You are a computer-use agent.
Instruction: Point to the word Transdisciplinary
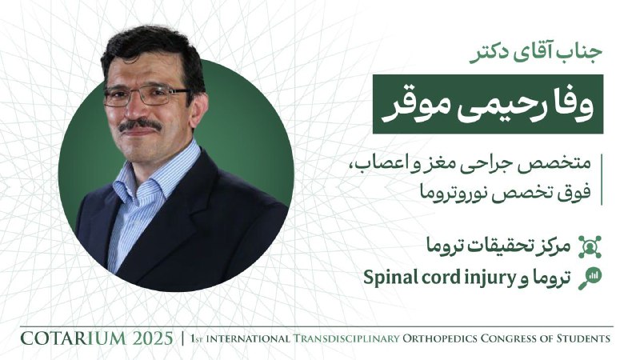pos(346,338)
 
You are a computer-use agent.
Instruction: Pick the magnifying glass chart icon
pos(590,278)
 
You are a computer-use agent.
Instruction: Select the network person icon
pos(590,247)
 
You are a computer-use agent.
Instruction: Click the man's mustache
pos(140,125)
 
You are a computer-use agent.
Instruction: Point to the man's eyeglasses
pos(146,96)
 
